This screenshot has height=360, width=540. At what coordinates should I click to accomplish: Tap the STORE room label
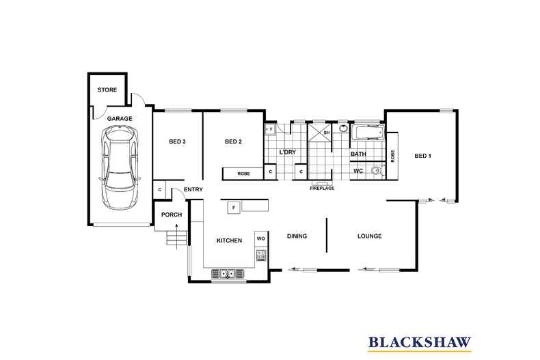[x=107, y=90]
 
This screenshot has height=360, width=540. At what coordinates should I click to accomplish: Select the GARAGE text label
[x=119, y=118]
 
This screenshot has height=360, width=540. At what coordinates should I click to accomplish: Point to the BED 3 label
[x=178, y=142]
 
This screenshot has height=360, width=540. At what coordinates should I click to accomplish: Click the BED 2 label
[x=234, y=142]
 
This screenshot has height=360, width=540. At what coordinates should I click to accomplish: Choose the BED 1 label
[x=423, y=156]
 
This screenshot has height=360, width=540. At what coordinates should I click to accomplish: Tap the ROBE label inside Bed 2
[x=243, y=174]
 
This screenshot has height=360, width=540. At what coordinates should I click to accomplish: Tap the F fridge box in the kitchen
[x=233, y=206]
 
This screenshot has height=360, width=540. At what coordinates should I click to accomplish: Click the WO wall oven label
[x=260, y=238]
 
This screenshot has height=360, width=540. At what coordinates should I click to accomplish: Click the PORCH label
[x=171, y=215]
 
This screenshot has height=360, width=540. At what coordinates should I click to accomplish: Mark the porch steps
[x=176, y=238]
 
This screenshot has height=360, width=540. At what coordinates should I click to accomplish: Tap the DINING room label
[x=297, y=236]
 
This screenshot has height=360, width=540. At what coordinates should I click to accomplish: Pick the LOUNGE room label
[x=369, y=236]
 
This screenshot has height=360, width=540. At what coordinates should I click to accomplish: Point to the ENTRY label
[x=193, y=189]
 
